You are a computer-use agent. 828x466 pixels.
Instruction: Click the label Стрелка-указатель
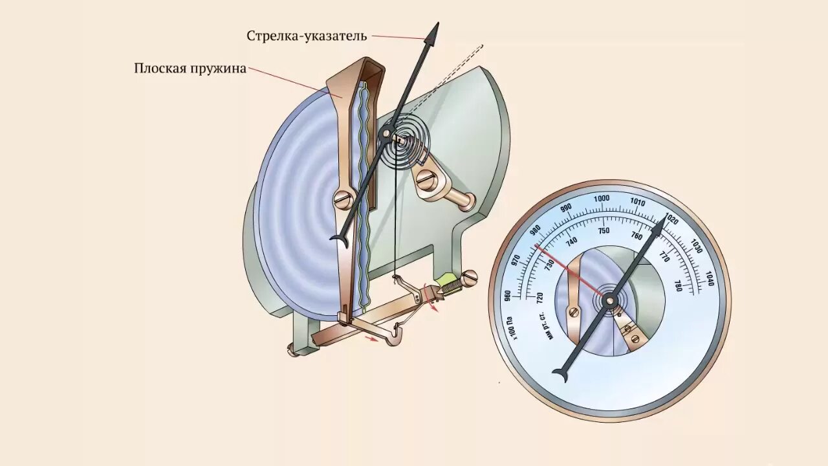[307, 36]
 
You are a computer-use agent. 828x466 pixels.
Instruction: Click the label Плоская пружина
[190, 68]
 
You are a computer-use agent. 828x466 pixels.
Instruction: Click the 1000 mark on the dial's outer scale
[602, 198]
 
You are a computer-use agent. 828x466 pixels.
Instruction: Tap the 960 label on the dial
[507, 295]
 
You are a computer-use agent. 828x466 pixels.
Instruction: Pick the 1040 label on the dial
[710, 280]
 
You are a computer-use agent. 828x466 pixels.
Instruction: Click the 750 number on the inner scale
[604, 231]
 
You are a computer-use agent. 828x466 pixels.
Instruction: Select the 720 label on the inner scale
[539, 298]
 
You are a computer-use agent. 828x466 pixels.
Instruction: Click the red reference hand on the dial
[569, 272]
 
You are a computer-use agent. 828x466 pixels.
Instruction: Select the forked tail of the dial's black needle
[560, 374]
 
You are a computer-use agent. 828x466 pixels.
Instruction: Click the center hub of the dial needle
[610, 300]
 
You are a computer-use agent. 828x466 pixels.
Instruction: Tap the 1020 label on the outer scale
[672, 220]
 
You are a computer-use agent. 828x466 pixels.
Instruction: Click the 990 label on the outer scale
[566, 208]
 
